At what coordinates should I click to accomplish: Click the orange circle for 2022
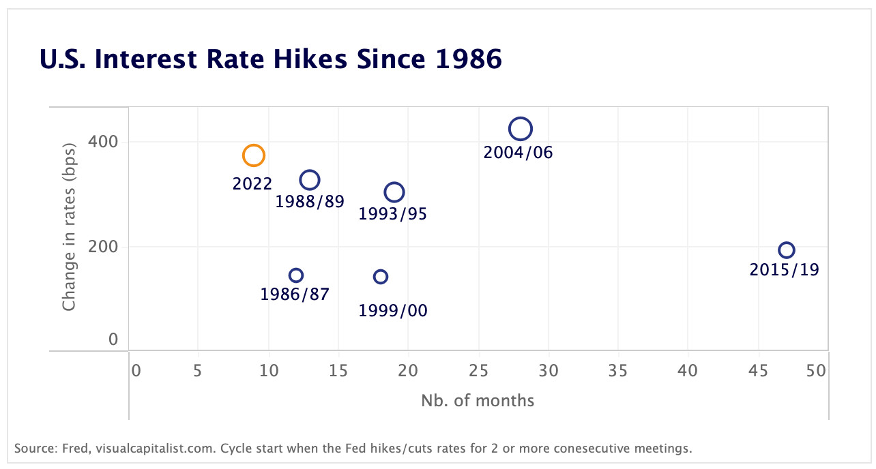click(x=253, y=155)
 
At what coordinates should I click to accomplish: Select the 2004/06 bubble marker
click(x=520, y=128)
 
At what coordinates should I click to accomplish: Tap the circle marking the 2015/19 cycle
click(x=787, y=250)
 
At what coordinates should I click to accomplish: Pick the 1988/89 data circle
click(x=310, y=180)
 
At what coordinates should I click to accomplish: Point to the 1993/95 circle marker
click(x=394, y=193)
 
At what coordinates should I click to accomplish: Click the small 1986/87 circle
click(x=295, y=275)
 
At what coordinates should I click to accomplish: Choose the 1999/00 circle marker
click(x=381, y=277)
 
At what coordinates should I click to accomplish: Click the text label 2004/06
click(x=518, y=153)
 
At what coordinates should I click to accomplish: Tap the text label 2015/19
click(x=784, y=270)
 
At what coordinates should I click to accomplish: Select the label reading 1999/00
click(x=393, y=311)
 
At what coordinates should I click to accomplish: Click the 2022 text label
click(x=252, y=183)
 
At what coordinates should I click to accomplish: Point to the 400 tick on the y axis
click(x=103, y=142)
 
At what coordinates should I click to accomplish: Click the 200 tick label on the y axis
click(x=103, y=246)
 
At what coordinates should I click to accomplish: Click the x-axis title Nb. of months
click(x=478, y=400)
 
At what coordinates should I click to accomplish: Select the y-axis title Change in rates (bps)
click(x=69, y=229)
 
